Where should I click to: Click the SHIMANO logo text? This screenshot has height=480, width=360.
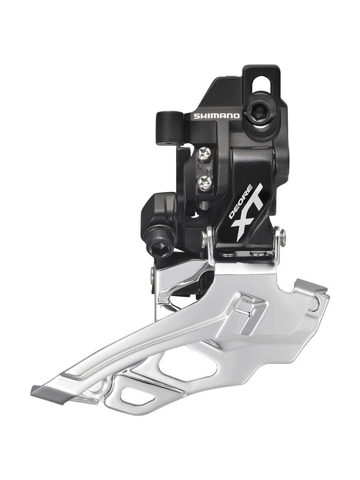(x=216, y=116)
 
